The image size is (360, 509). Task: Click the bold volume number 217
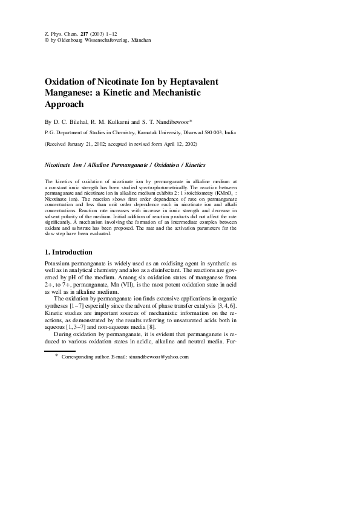76,33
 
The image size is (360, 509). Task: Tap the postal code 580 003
211,131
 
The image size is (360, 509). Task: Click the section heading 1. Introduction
69,252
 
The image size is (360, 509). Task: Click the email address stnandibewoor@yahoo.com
159,357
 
